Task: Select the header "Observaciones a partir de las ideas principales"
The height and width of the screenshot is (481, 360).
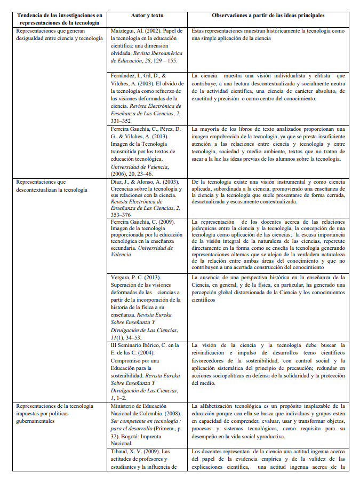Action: [x=268, y=15]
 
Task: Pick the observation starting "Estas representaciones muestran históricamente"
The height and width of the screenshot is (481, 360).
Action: [x=268, y=35]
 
